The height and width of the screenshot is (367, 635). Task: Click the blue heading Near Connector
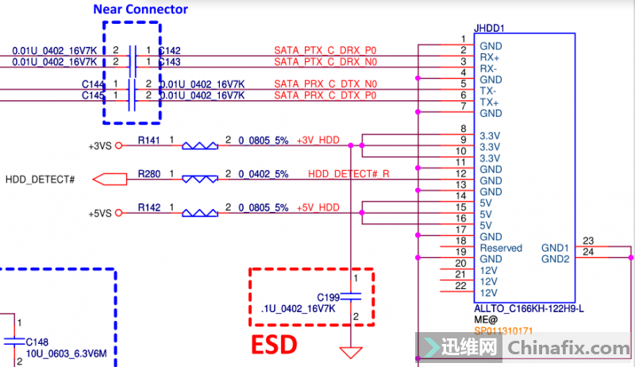tap(140, 10)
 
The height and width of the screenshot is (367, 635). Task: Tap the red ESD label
tap(275, 344)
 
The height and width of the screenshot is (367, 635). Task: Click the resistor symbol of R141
tap(199, 145)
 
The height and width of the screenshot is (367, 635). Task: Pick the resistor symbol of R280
tap(199, 180)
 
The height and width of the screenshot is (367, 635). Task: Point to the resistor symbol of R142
tap(199, 213)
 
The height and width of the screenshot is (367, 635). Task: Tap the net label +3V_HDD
tap(317, 141)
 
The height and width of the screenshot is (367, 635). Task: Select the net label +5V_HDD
tap(317, 208)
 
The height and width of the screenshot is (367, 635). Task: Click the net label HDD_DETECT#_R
tap(348, 174)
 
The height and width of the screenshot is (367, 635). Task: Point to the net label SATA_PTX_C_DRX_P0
tap(325, 50)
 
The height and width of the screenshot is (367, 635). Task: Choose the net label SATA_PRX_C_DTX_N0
tap(325, 84)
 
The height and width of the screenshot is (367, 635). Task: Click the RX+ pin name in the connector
tap(490, 57)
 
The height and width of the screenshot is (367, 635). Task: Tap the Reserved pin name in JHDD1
tap(501, 248)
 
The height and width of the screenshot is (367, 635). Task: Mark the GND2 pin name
tap(555, 259)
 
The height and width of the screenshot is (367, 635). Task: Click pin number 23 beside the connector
tap(588, 241)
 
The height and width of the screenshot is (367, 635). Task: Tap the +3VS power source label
tap(100, 145)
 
